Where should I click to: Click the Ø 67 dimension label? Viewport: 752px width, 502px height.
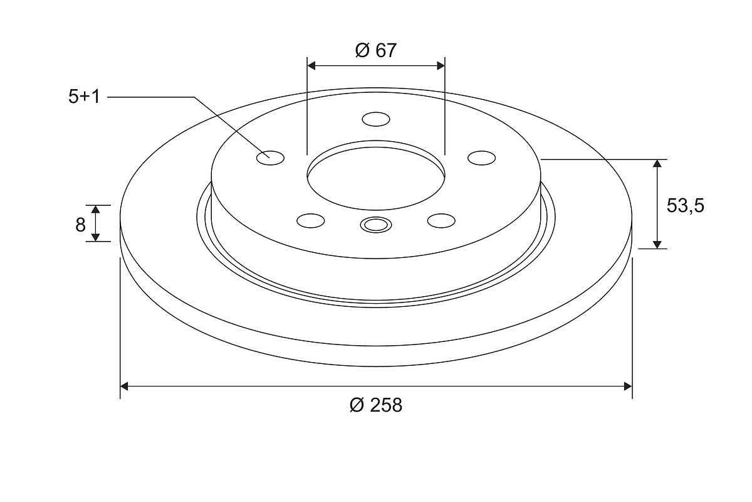click(x=375, y=50)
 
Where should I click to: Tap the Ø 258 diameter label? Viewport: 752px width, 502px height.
click(x=375, y=405)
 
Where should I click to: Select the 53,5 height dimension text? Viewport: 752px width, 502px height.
click(x=685, y=206)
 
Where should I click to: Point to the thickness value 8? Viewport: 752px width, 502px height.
click(x=80, y=225)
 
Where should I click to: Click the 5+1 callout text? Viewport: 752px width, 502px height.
click(x=84, y=97)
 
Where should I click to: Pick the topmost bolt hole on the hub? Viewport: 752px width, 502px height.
click(x=376, y=119)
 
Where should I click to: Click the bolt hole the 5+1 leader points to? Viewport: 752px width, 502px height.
click(x=270, y=158)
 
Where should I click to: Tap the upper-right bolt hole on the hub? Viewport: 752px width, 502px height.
click(x=482, y=158)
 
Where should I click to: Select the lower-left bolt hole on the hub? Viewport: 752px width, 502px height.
click(x=311, y=221)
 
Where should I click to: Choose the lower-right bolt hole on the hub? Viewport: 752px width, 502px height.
click(x=441, y=221)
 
